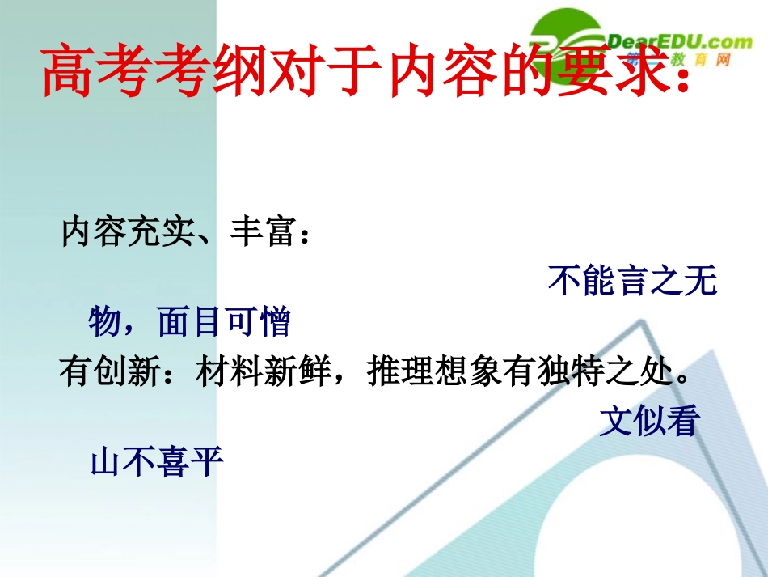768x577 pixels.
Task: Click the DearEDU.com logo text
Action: (677, 40)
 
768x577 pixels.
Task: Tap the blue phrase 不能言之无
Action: (632, 281)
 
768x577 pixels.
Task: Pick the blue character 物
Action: (104, 323)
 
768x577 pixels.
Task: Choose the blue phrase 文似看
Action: (648, 422)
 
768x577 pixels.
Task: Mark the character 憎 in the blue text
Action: (276, 323)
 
